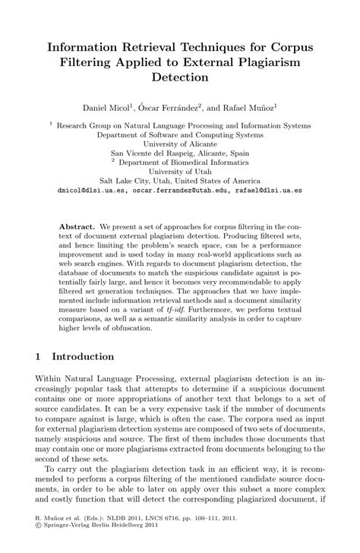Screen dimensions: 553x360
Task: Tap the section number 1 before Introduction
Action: (39, 356)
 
